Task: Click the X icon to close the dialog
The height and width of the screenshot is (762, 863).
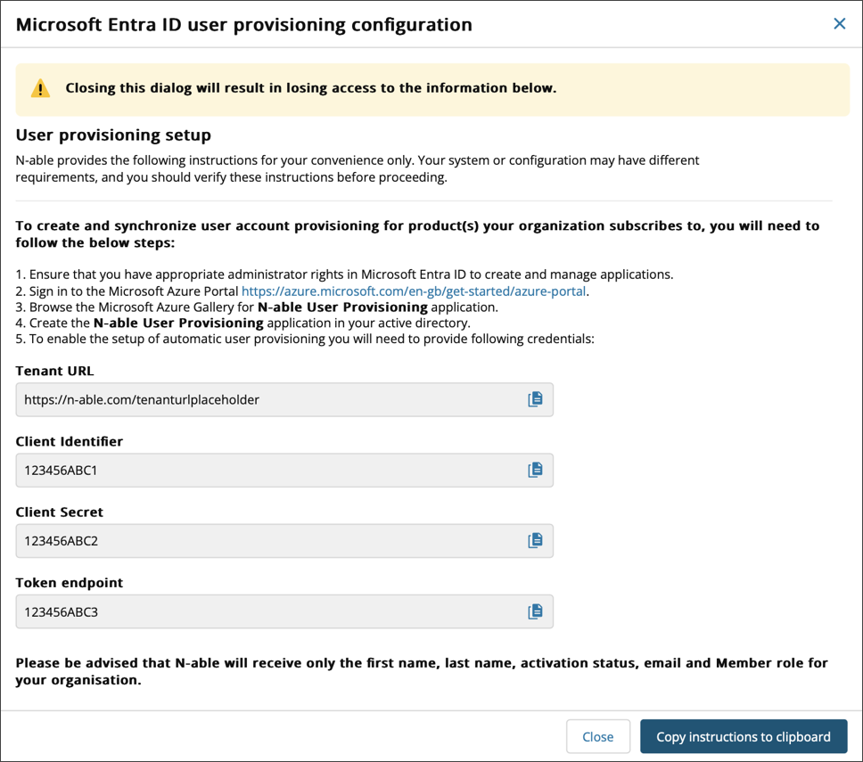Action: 839,24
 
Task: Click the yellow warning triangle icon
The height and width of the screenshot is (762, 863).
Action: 40,88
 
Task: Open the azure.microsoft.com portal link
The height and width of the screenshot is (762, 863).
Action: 415,291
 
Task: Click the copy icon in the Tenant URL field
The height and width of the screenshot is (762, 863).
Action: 535,399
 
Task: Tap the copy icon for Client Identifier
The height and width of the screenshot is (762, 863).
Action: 535,470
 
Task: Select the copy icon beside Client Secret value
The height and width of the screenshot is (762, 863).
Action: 535,540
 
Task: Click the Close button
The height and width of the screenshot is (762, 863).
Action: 597,736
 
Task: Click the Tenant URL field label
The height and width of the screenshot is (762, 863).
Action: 54,371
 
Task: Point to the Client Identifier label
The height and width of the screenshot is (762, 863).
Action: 70,441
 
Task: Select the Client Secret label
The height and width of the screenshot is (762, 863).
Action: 60,512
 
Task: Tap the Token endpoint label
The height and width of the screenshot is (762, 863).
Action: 70,582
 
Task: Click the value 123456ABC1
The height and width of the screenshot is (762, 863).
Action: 61,471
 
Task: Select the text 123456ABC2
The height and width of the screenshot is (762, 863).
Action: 61,541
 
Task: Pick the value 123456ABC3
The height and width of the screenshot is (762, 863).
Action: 61,612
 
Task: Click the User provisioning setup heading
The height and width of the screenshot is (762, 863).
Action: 113,135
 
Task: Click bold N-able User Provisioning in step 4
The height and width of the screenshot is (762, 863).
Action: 178,323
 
